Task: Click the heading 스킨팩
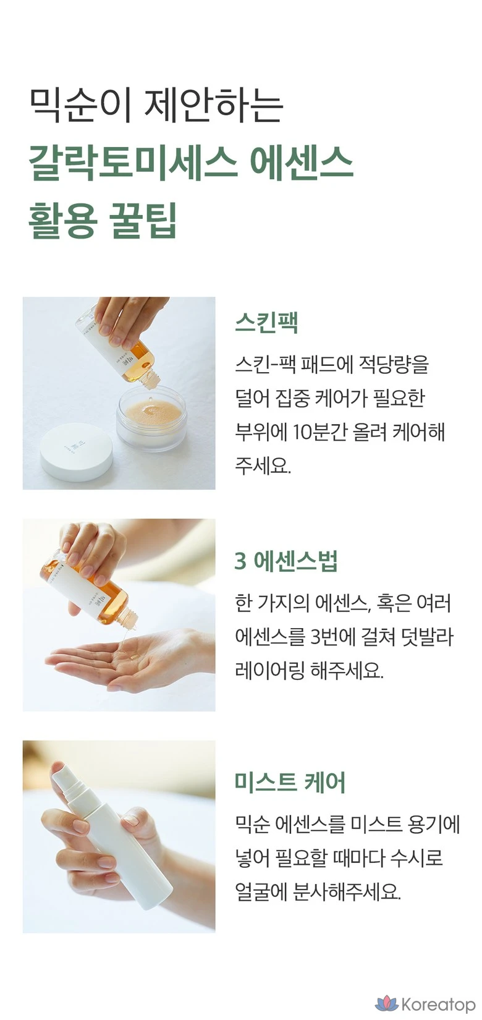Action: pos(266,323)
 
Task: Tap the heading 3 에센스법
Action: pos(286,561)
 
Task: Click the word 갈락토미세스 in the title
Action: pos(133,163)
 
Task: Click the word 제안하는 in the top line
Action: pos(213,106)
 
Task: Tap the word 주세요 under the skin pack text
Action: pos(263,465)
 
